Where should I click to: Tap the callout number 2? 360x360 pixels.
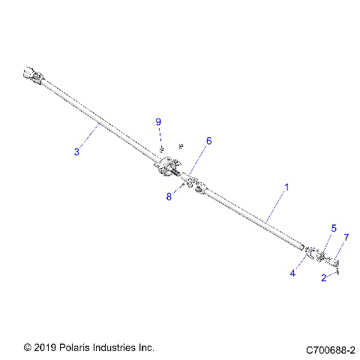point(323,277)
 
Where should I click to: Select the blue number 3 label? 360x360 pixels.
point(76,152)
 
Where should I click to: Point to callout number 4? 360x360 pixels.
point(293,274)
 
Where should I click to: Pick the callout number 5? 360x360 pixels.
point(334,227)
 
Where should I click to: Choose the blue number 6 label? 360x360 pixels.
point(209,140)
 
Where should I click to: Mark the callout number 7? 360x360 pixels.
point(346,237)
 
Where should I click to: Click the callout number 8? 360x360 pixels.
point(169,197)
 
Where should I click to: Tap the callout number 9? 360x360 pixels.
point(158,121)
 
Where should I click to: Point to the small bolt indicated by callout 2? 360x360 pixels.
point(338,270)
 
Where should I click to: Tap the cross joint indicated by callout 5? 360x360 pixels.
point(321,256)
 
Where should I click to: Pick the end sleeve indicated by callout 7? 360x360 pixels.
point(334,262)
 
